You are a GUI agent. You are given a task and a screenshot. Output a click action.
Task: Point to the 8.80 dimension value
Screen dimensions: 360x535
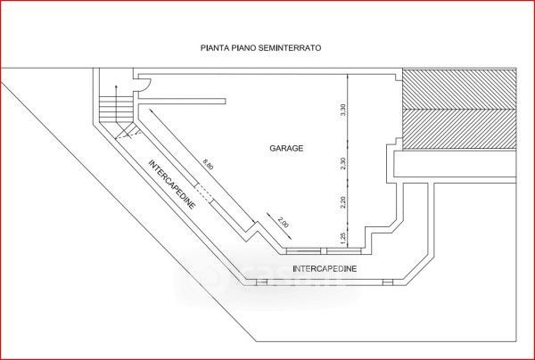[208, 165]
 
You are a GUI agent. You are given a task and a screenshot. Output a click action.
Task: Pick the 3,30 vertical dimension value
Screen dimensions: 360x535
[343, 110]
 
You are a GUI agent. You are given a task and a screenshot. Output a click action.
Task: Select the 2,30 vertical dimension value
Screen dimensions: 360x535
[343, 164]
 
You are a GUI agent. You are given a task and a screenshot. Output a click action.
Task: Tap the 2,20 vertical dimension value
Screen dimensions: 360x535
[343, 203]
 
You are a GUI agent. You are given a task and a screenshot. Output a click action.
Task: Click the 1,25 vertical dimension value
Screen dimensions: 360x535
[343, 235]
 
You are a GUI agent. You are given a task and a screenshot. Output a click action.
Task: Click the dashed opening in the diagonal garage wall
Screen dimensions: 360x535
[203, 191]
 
